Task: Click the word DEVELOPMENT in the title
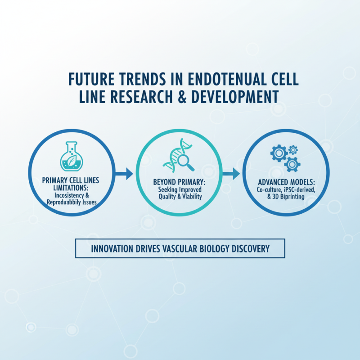click(x=239, y=97)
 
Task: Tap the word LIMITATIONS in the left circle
click(x=69, y=188)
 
